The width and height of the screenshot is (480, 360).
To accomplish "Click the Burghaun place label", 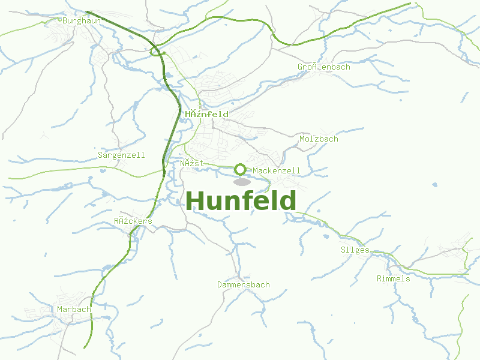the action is pyautogui.click(x=81, y=20).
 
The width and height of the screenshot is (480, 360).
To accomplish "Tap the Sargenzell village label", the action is pyautogui.click(x=121, y=155).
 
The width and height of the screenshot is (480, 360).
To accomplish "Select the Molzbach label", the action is pyautogui.click(x=319, y=139).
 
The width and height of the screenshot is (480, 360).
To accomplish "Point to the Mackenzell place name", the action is pyautogui.click(x=277, y=171).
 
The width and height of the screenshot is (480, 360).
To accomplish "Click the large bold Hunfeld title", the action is pyautogui.click(x=241, y=201).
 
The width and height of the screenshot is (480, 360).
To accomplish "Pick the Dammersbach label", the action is pyautogui.click(x=243, y=284).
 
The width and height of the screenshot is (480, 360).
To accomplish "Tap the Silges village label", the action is pyautogui.click(x=355, y=250).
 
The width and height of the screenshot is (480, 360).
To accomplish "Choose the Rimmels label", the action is pyautogui.click(x=393, y=278).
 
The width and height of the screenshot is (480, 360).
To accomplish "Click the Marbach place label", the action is pyautogui.click(x=74, y=309).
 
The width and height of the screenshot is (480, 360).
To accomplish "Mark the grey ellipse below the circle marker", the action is pyautogui.click(x=242, y=182).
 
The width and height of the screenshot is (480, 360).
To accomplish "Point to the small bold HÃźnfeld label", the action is pyautogui.click(x=206, y=114).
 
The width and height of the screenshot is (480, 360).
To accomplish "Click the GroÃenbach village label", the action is pyautogui.click(x=323, y=67).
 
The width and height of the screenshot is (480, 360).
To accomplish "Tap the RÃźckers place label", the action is pyautogui.click(x=133, y=221).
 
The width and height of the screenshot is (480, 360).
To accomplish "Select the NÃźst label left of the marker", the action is pyautogui.click(x=192, y=163).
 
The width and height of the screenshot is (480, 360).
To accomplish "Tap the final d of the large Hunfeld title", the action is pyautogui.click(x=287, y=201).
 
